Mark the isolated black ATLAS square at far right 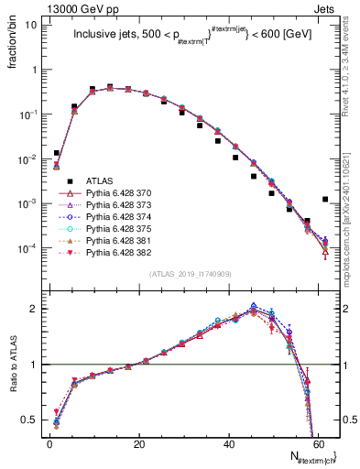point(325,199)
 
